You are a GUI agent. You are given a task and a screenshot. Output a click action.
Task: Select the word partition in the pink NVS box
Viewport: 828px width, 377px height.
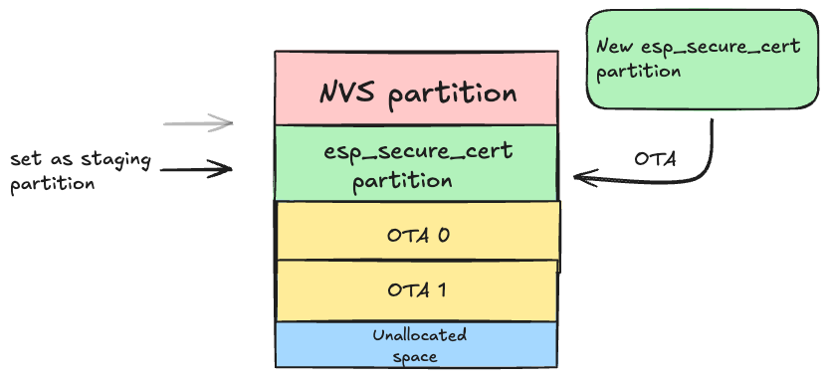tap(453, 94)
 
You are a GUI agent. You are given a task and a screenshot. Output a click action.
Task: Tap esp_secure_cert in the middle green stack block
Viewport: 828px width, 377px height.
tap(418, 152)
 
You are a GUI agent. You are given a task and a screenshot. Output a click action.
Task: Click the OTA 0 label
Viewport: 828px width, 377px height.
tap(417, 236)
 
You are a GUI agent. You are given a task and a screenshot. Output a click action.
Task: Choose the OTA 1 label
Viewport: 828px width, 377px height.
tap(417, 290)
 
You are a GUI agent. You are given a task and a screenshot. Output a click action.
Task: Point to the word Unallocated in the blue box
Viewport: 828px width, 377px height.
tap(418, 335)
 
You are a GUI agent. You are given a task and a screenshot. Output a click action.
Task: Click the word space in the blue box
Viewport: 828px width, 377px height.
tap(418, 355)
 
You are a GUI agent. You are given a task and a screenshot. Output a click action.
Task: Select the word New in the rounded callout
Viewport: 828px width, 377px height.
tap(617, 47)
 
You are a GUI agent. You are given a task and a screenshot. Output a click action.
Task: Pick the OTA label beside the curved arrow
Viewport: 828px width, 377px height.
tap(657, 159)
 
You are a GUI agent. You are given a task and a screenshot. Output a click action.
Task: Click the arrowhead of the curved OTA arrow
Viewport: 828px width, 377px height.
tap(579, 178)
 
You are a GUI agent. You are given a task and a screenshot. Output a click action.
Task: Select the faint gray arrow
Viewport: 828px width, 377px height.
tap(198, 123)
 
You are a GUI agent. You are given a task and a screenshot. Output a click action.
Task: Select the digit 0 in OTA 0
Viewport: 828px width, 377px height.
tap(445, 236)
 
